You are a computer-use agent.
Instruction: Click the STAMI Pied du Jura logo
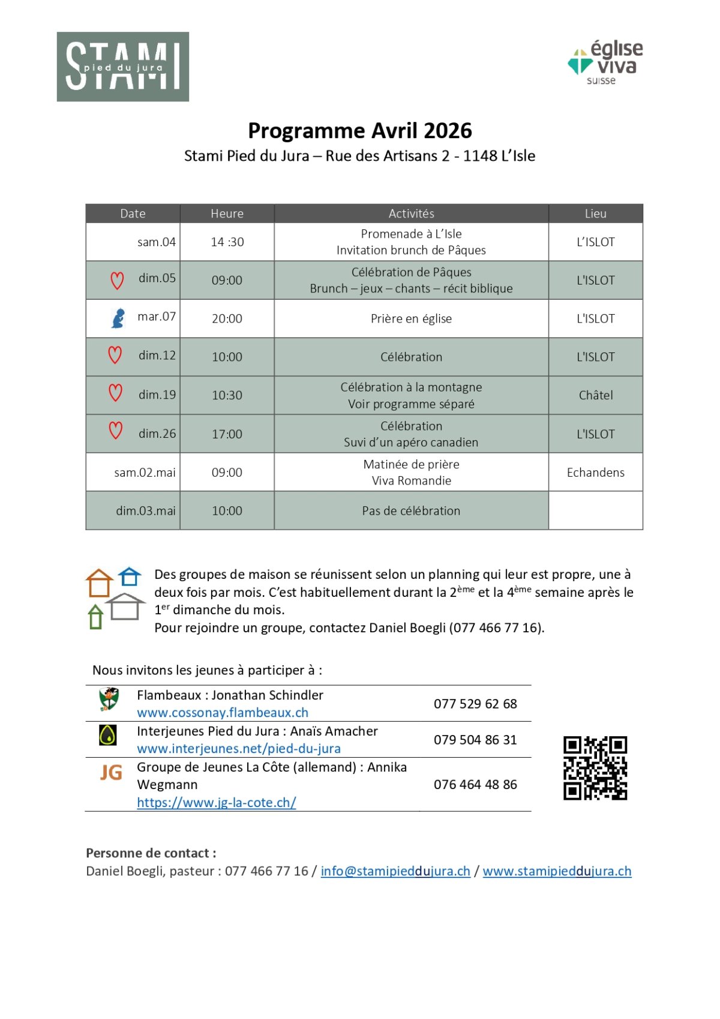pyautogui.click(x=123, y=67)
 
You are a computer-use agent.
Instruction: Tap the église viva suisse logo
pyautogui.click(x=605, y=63)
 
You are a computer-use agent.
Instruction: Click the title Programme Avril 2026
pyautogui.click(x=360, y=131)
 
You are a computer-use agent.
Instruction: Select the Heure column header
pyautogui.click(x=227, y=214)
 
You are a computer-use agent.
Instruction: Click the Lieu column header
pyautogui.click(x=595, y=214)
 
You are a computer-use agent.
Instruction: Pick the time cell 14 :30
pyautogui.click(x=227, y=242)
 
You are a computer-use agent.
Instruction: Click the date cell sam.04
pyautogui.click(x=156, y=242)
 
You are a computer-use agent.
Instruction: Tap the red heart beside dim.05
pyautogui.click(x=117, y=280)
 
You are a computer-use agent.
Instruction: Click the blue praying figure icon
pyautogui.click(x=118, y=318)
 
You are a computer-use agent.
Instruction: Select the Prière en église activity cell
pyautogui.click(x=411, y=319)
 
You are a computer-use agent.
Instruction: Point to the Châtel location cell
pyautogui.click(x=595, y=395)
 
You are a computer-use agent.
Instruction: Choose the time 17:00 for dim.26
pyautogui.click(x=227, y=434)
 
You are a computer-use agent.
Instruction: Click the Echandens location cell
pyautogui.click(x=595, y=473)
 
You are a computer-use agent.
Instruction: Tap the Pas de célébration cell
pyautogui.click(x=411, y=511)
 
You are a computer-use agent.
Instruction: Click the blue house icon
pyautogui.click(x=130, y=576)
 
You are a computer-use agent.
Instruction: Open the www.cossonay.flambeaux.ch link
pyautogui.click(x=223, y=713)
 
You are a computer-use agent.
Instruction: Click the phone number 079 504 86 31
pyautogui.click(x=475, y=740)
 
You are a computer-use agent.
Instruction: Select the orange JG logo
pyautogui.click(x=111, y=772)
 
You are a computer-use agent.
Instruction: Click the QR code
pyautogui.click(x=595, y=768)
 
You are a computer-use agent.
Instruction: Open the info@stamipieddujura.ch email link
pyautogui.click(x=395, y=871)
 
